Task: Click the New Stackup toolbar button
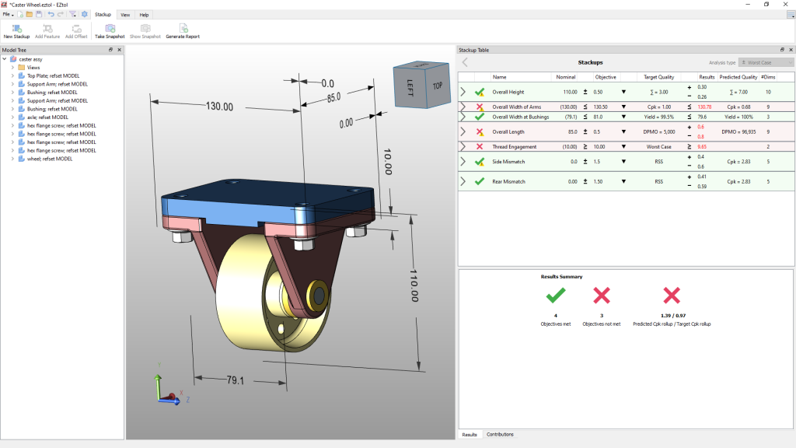point(16,30)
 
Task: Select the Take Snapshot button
point(110,30)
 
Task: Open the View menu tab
point(125,15)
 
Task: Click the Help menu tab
point(144,15)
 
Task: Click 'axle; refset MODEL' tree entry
point(47,117)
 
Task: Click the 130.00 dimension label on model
point(220,107)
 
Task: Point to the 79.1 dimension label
point(236,380)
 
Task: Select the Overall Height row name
point(508,92)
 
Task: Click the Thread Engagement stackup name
point(514,146)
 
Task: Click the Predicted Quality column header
point(738,77)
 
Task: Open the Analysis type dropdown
point(766,62)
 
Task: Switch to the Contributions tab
point(499,434)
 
